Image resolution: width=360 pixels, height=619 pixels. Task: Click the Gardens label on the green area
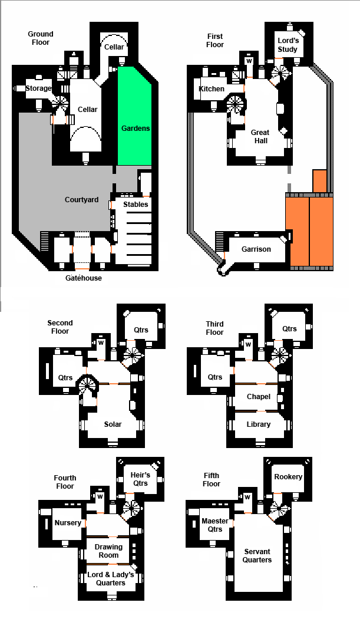(136, 128)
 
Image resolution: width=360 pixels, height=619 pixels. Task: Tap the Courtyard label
(81, 200)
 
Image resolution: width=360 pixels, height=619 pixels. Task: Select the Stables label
(136, 204)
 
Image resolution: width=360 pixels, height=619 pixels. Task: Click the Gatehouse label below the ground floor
(83, 278)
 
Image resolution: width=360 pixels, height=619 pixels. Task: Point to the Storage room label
(38, 88)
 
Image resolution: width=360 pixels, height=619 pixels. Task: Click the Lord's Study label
(288, 45)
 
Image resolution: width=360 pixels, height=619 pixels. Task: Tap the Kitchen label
(212, 89)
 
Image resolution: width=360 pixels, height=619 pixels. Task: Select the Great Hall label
(260, 137)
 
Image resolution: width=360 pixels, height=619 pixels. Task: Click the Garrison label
(256, 249)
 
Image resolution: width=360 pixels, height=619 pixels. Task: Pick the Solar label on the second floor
(113, 424)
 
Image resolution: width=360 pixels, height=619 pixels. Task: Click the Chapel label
(259, 397)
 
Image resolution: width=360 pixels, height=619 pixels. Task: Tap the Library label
(259, 424)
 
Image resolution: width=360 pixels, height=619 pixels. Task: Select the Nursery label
(68, 523)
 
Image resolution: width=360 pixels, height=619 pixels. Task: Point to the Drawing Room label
(109, 551)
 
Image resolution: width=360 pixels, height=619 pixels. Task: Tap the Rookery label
(288, 476)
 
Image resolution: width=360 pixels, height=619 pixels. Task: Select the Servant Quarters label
(257, 555)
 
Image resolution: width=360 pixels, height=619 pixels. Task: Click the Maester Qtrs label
(215, 525)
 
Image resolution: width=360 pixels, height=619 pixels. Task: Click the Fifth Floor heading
(212, 480)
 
